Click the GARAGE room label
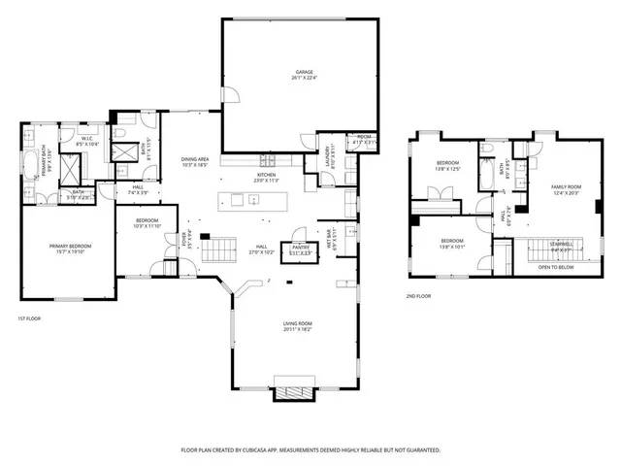305,72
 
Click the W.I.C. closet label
86,139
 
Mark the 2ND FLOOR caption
419,297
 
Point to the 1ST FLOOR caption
30,318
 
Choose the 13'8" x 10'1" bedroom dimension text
452,247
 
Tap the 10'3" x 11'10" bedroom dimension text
148,226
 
